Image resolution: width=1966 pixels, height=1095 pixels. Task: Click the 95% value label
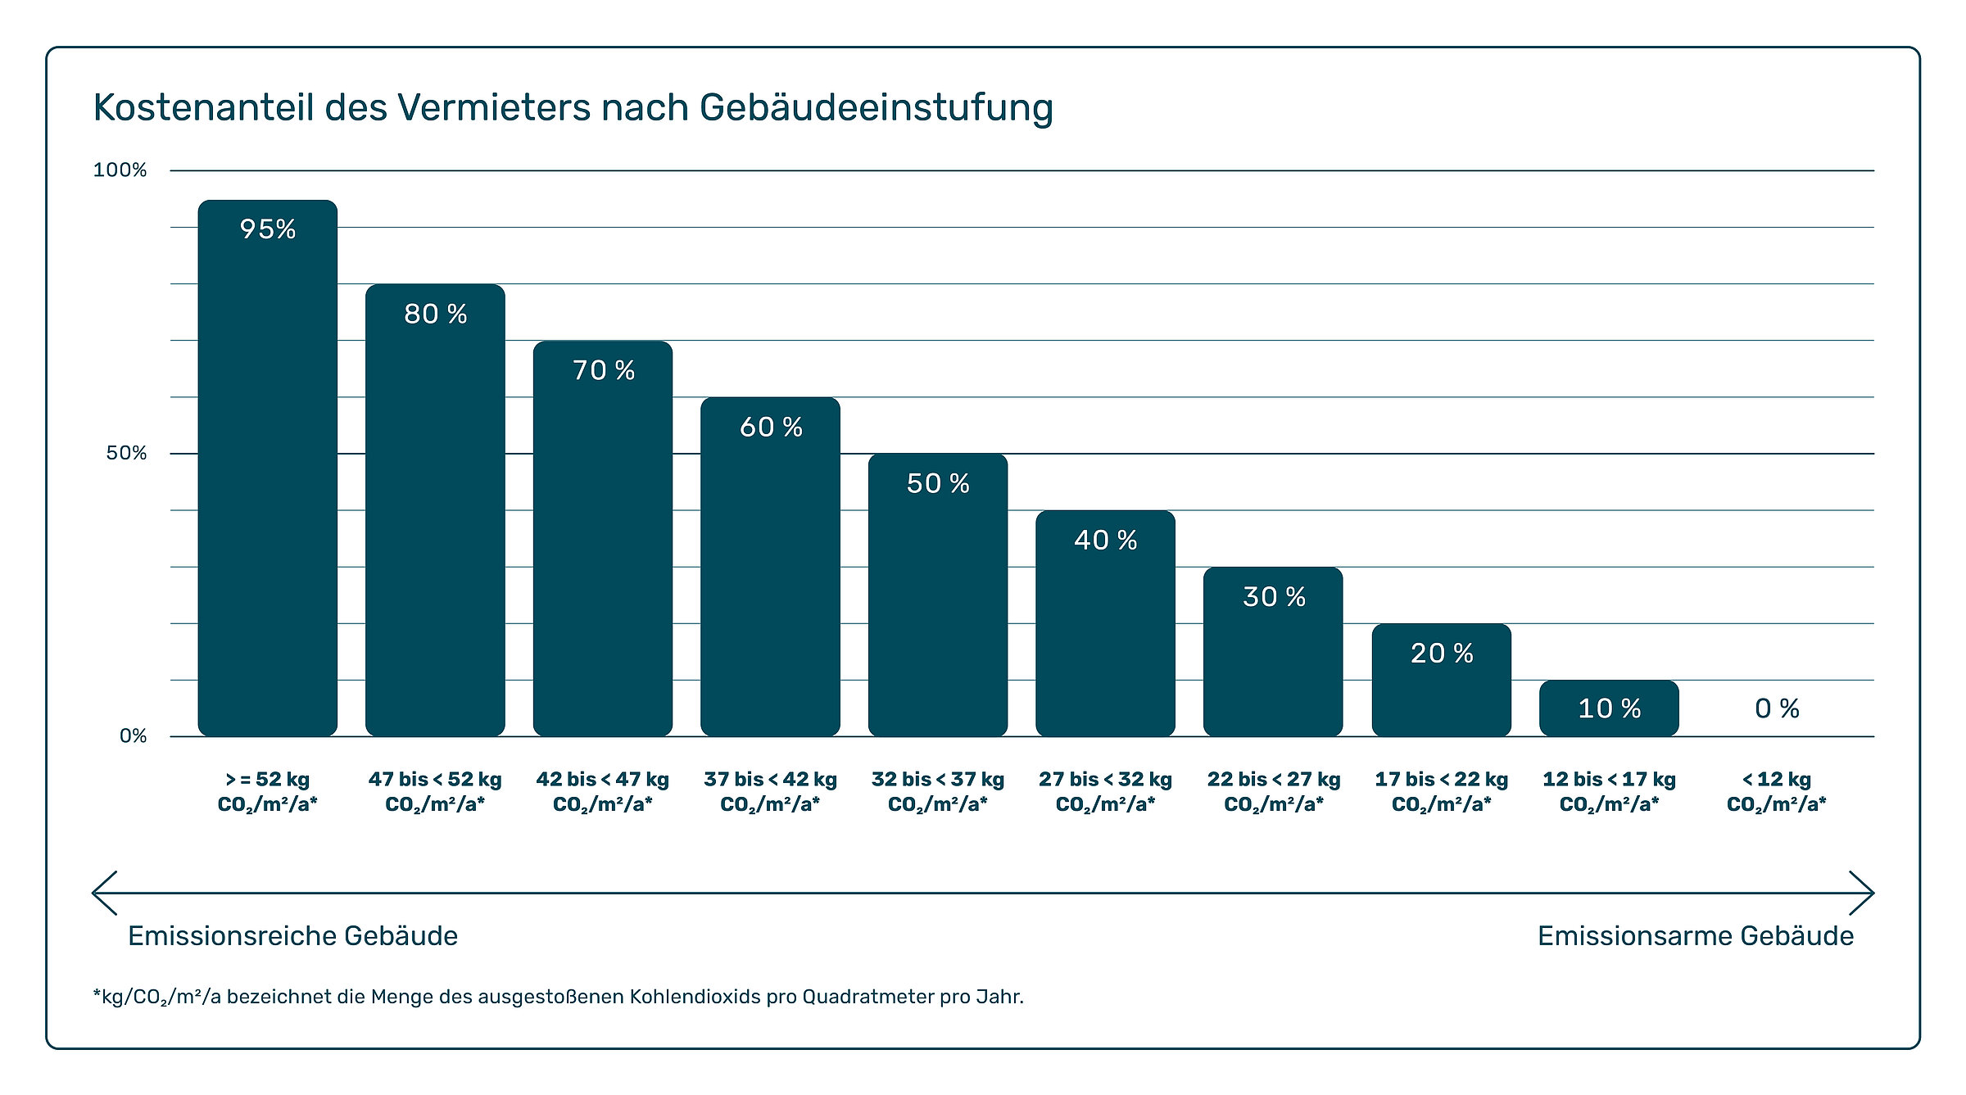268,229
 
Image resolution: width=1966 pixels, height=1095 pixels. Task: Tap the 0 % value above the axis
1777,708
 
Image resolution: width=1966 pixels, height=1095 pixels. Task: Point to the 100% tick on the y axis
120,170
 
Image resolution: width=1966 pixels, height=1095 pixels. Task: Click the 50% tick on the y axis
126,453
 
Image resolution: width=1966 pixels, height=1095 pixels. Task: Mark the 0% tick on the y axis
133,736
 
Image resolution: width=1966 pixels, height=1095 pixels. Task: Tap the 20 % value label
1442,653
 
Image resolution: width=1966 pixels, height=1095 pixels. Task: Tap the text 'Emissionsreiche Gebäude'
292,935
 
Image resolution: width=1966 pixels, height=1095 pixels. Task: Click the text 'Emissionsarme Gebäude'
1695,935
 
